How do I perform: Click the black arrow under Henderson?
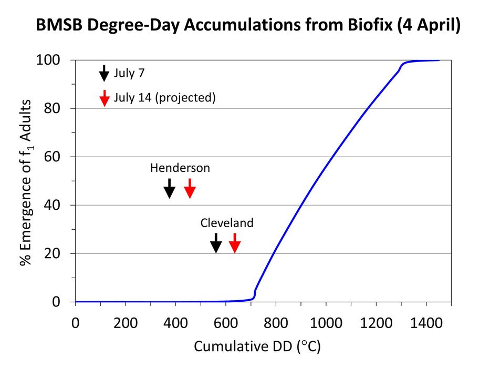169,188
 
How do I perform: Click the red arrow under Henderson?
190,188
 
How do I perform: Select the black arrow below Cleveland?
216,243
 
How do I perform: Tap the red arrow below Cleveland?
235,243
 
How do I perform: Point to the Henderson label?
180,168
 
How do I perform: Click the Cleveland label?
227,223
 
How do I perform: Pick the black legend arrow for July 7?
104,73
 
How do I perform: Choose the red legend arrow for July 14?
104,98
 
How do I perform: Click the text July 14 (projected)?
164,98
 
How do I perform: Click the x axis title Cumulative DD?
257,347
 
